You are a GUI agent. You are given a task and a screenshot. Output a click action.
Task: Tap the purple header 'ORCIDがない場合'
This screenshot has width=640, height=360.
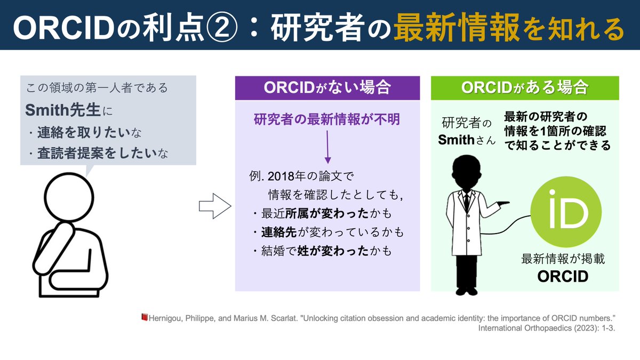pos(327,87)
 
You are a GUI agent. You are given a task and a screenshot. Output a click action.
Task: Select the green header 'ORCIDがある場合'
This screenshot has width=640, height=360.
pos(525,87)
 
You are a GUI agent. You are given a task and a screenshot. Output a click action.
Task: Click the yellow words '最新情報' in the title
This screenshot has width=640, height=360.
pos(456,27)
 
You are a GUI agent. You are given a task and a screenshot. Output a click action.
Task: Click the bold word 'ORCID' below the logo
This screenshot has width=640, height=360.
pos(562,277)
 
